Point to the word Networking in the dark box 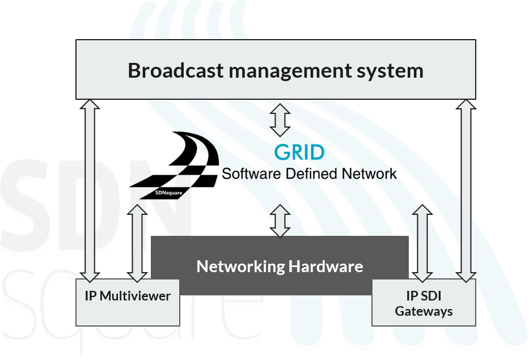240,266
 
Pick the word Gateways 424,311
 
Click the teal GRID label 299,153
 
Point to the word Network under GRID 370,173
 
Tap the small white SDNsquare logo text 170,192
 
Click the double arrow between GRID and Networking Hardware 280,221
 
